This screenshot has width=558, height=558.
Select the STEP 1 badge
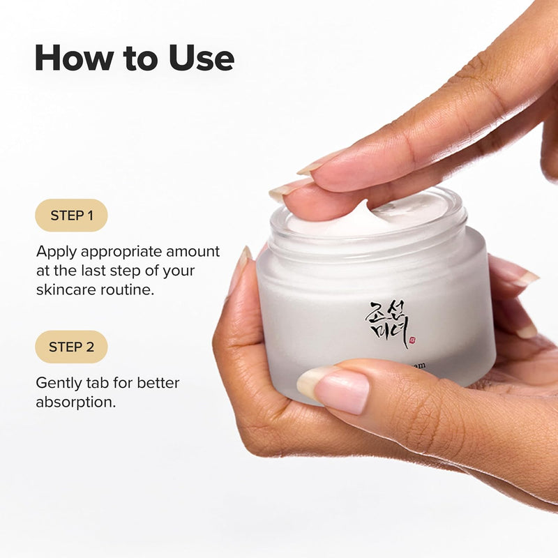(71, 216)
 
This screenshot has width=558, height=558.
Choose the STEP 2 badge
(71, 347)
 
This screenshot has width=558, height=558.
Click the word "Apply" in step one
(56, 252)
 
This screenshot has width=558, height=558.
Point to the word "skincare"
(63, 289)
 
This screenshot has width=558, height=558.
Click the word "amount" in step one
(193, 251)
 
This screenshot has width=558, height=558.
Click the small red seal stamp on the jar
(412, 340)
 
